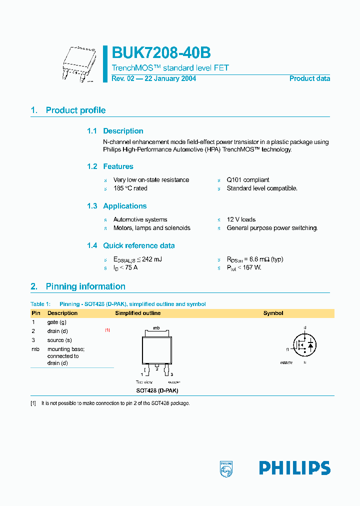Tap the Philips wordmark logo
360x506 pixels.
pos(294,468)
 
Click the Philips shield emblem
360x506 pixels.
pos(226,468)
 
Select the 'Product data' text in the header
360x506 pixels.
pos(309,78)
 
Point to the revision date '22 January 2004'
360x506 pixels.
pos(170,78)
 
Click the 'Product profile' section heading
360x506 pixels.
pos(75,110)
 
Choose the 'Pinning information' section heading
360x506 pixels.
pos(85,286)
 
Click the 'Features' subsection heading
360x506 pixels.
pos(118,166)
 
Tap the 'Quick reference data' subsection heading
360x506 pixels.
pos(138,245)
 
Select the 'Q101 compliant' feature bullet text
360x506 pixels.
pos(247,180)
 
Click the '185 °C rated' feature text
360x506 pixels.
pos(130,188)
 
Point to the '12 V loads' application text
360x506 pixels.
pos(241,219)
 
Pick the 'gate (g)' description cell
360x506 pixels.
pos(56,322)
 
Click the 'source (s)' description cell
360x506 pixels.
pos(59,340)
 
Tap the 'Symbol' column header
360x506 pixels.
pos(273,313)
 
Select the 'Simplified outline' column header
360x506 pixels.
pos(138,313)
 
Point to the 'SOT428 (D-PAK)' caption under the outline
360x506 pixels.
pos(157,390)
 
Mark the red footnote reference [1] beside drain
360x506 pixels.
pos(107,330)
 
